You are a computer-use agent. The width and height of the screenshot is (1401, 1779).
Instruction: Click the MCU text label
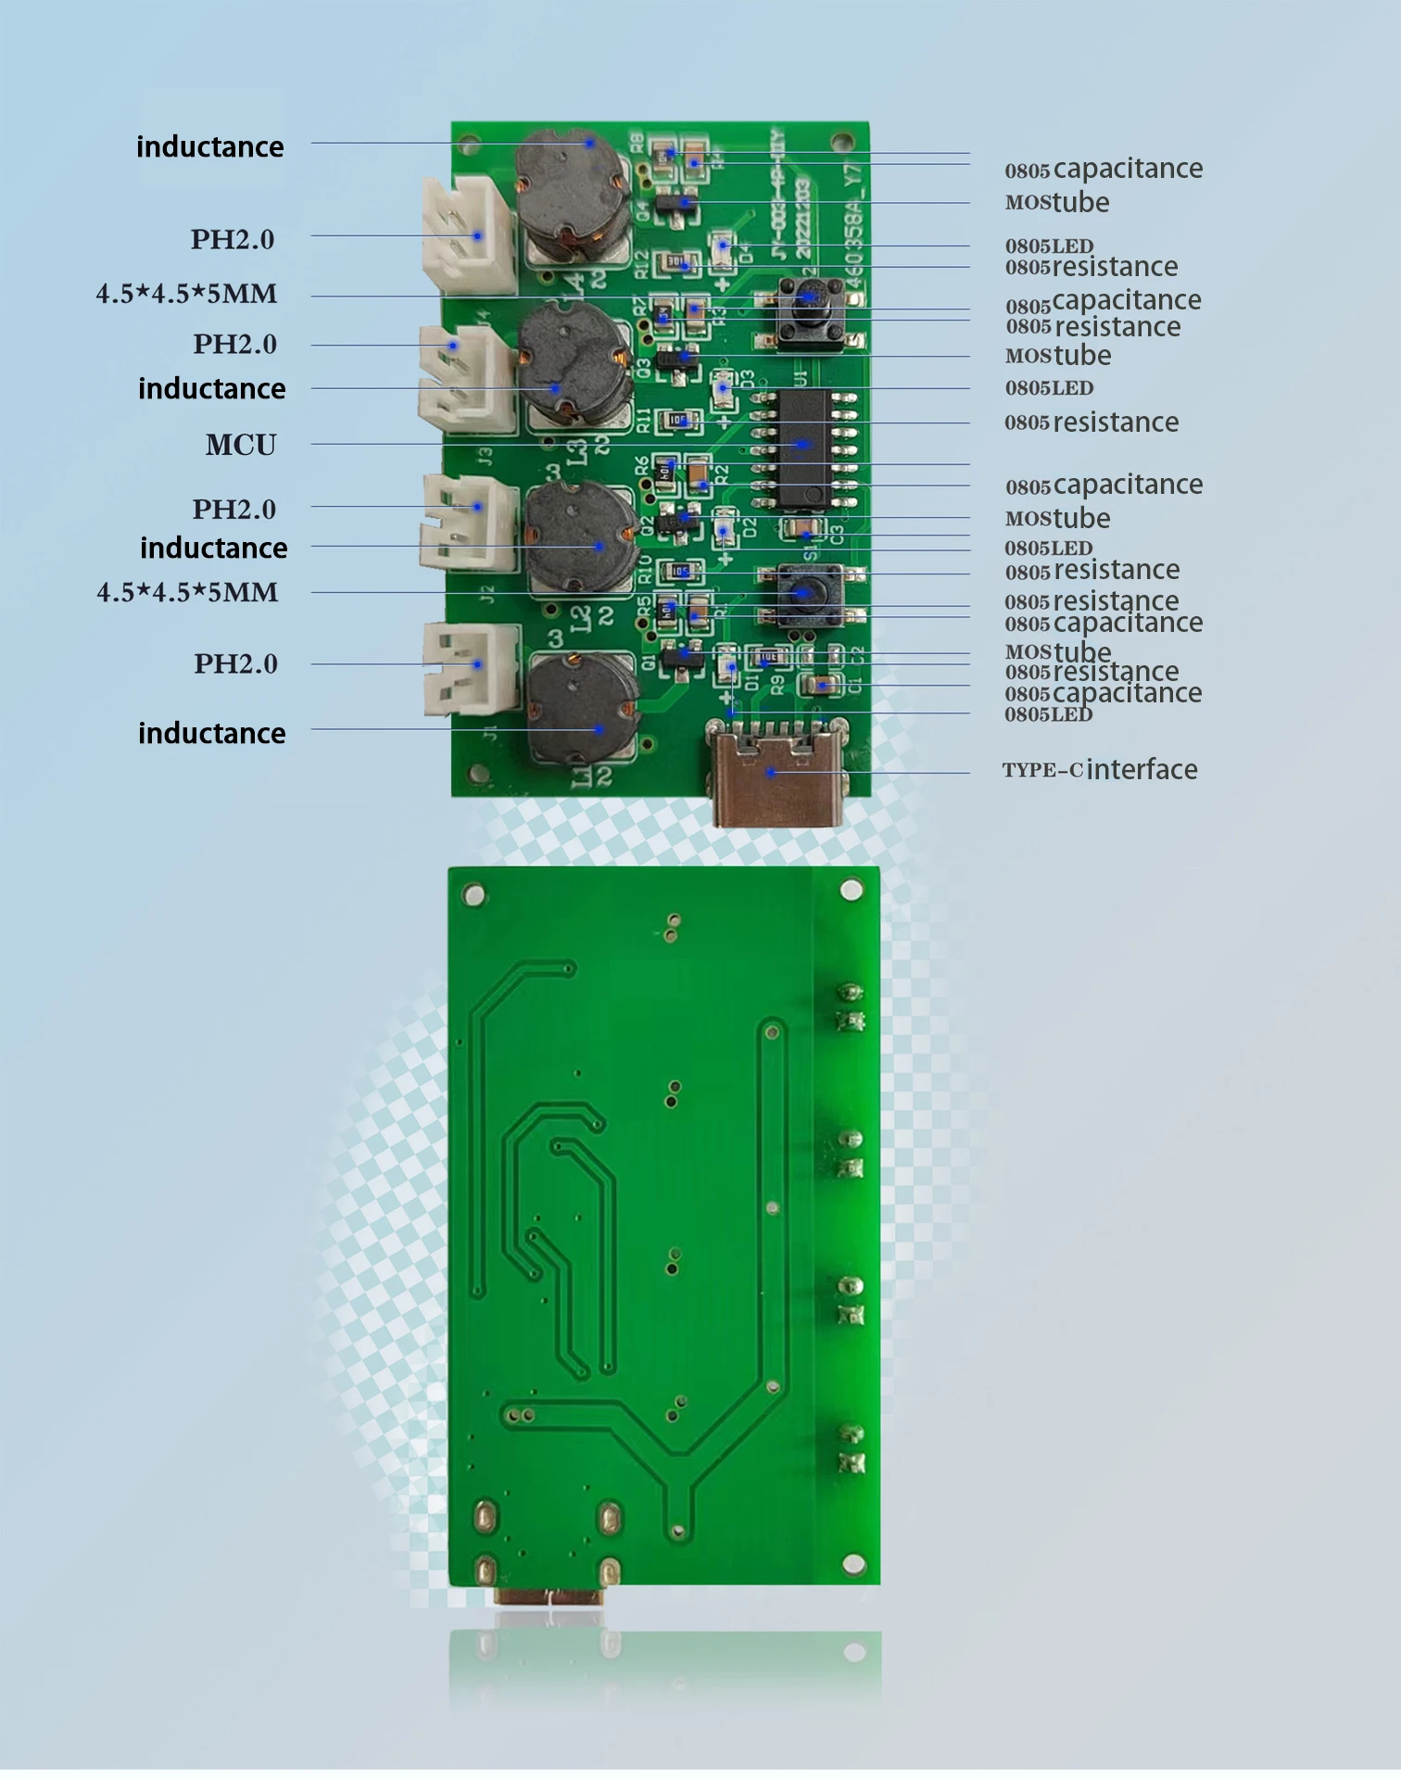click(241, 445)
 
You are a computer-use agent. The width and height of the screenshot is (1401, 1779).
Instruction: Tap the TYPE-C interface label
click(1099, 770)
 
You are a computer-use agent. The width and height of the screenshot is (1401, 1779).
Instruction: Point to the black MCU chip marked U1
click(802, 448)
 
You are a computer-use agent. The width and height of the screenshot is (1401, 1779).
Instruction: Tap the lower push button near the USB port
click(801, 593)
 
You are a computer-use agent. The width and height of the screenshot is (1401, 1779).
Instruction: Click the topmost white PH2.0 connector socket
click(470, 234)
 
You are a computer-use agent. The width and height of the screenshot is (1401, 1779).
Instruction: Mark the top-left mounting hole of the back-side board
click(473, 895)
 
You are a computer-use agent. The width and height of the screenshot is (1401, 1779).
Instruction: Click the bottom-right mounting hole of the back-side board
click(853, 1564)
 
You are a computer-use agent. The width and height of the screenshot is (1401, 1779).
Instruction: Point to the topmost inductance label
click(210, 147)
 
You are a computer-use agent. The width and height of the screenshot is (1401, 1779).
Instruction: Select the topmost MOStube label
click(1057, 203)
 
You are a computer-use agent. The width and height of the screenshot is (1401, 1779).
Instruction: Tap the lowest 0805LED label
click(1049, 714)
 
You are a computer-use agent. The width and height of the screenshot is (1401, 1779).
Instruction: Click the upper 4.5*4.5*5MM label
click(186, 295)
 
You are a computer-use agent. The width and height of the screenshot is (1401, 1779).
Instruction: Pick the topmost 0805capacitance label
click(1104, 170)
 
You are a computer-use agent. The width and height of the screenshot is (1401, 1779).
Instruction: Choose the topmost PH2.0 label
click(233, 240)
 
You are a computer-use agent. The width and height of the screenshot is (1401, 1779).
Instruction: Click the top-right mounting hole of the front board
click(842, 142)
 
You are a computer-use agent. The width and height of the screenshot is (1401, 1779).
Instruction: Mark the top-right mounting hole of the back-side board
click(852, 890)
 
